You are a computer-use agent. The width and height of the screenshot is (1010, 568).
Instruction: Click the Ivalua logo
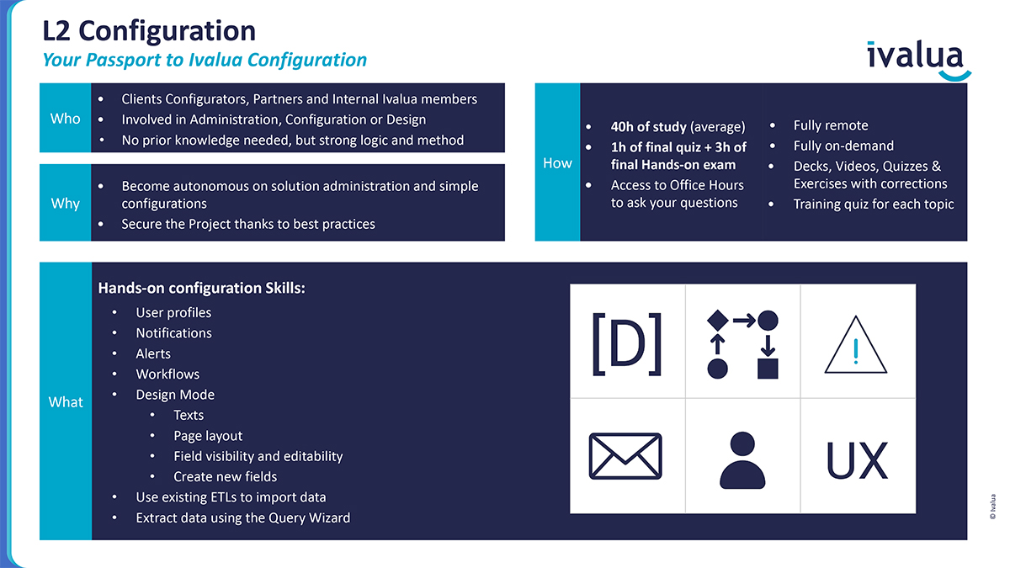918,60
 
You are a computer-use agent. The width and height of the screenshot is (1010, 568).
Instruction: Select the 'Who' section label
66,118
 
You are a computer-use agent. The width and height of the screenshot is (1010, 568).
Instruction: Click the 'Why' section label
66,204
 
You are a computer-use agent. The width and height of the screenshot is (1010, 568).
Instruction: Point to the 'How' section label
557,162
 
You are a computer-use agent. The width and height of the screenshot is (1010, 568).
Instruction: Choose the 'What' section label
66,401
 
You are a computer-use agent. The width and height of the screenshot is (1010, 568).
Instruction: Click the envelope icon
625,456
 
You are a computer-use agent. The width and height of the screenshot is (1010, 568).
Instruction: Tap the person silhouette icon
742,460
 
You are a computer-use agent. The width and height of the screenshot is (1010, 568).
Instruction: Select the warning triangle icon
855,345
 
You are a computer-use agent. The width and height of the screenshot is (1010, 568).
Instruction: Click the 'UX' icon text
857,460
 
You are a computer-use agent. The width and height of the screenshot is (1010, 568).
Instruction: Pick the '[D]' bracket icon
627,344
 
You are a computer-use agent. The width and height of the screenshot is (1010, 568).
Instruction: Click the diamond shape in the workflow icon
717,321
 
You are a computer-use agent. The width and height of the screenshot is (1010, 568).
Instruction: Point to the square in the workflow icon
768,369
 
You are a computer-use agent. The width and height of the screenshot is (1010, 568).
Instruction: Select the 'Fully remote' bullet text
831,125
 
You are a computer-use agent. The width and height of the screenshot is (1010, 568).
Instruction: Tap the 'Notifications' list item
173,332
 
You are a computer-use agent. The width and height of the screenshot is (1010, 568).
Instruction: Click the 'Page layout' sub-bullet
208,436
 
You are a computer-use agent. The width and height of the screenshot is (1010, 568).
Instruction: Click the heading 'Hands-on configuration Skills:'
201,288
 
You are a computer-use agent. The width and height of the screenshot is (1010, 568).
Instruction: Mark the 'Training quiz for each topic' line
874,204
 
